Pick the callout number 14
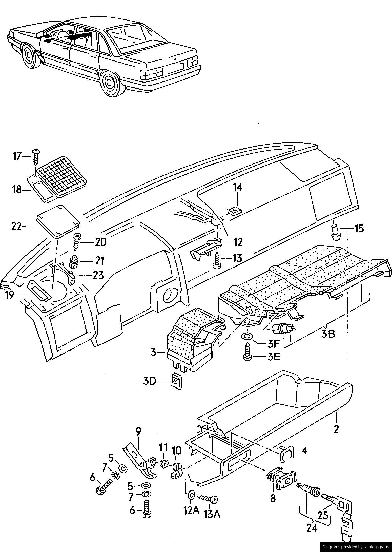tap(237, 187)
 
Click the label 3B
tap(328, 334)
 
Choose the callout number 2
tap(336, 429)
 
